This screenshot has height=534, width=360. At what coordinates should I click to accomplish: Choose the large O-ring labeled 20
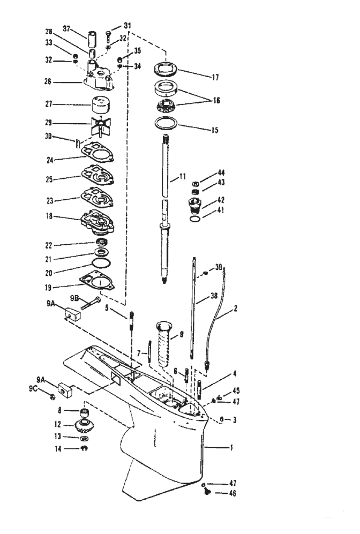point(100,264)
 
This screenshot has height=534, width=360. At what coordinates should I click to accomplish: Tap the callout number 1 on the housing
point(230,446)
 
